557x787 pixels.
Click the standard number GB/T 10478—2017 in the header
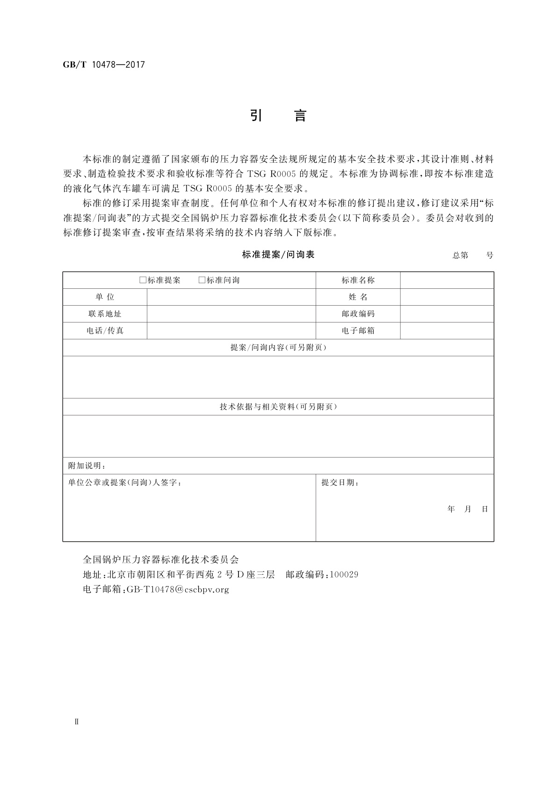(x=104, y=64)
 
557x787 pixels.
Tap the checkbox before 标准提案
(x=143, y=280)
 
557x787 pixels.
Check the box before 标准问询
(x=202, y=280)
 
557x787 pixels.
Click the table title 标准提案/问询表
(x=278, y=255)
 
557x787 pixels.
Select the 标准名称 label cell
(x=358, y=280)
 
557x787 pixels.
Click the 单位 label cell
(x=105, y=297)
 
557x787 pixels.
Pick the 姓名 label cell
(x=358, y=297)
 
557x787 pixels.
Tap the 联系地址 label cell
(x=105, y=314)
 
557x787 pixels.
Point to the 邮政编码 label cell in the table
(x=358, y=314)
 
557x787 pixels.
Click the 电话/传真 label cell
(x=105, y=331)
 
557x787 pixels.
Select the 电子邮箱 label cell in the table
(x=358, y=331)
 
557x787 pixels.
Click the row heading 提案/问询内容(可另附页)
(x=278, y=348)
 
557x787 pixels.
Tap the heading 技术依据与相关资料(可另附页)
(x=278, y=407)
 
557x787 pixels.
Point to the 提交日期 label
(x=340, y=483)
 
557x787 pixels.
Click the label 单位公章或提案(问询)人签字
(x=125, y=483)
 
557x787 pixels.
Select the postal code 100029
(x=344, y=574)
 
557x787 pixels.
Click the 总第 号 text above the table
(x=472, y=255)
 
